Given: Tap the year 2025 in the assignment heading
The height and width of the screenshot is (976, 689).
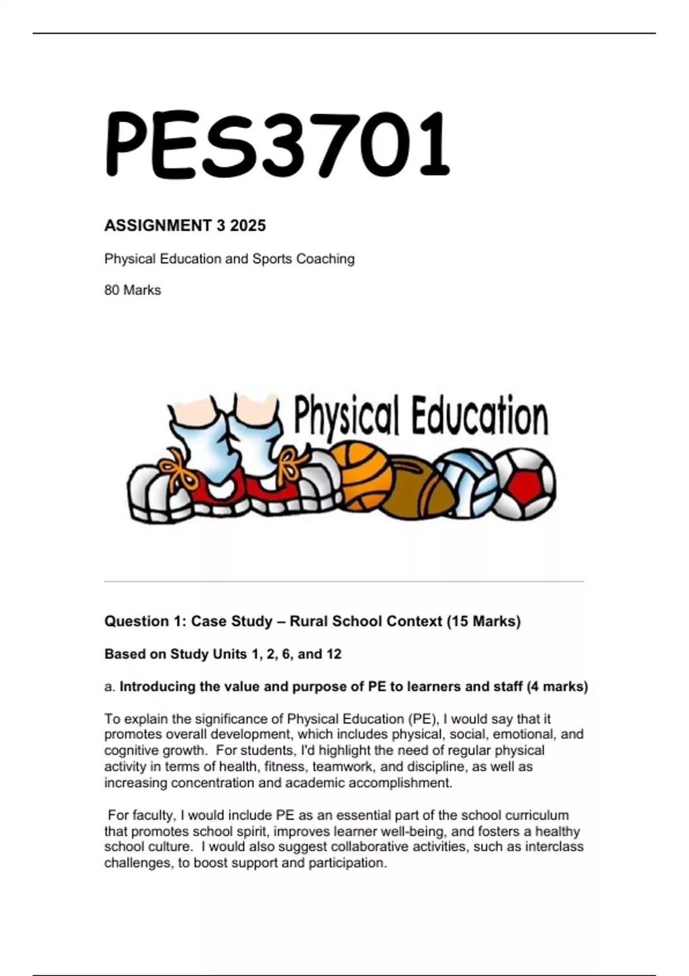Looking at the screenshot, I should tap(248, 226).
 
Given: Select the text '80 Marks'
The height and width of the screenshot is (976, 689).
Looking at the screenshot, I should tap(133, 290).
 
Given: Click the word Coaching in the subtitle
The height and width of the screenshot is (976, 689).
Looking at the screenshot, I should tap(325, 259).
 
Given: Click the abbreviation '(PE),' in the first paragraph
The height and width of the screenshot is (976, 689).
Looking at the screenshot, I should tap(424, 719).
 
